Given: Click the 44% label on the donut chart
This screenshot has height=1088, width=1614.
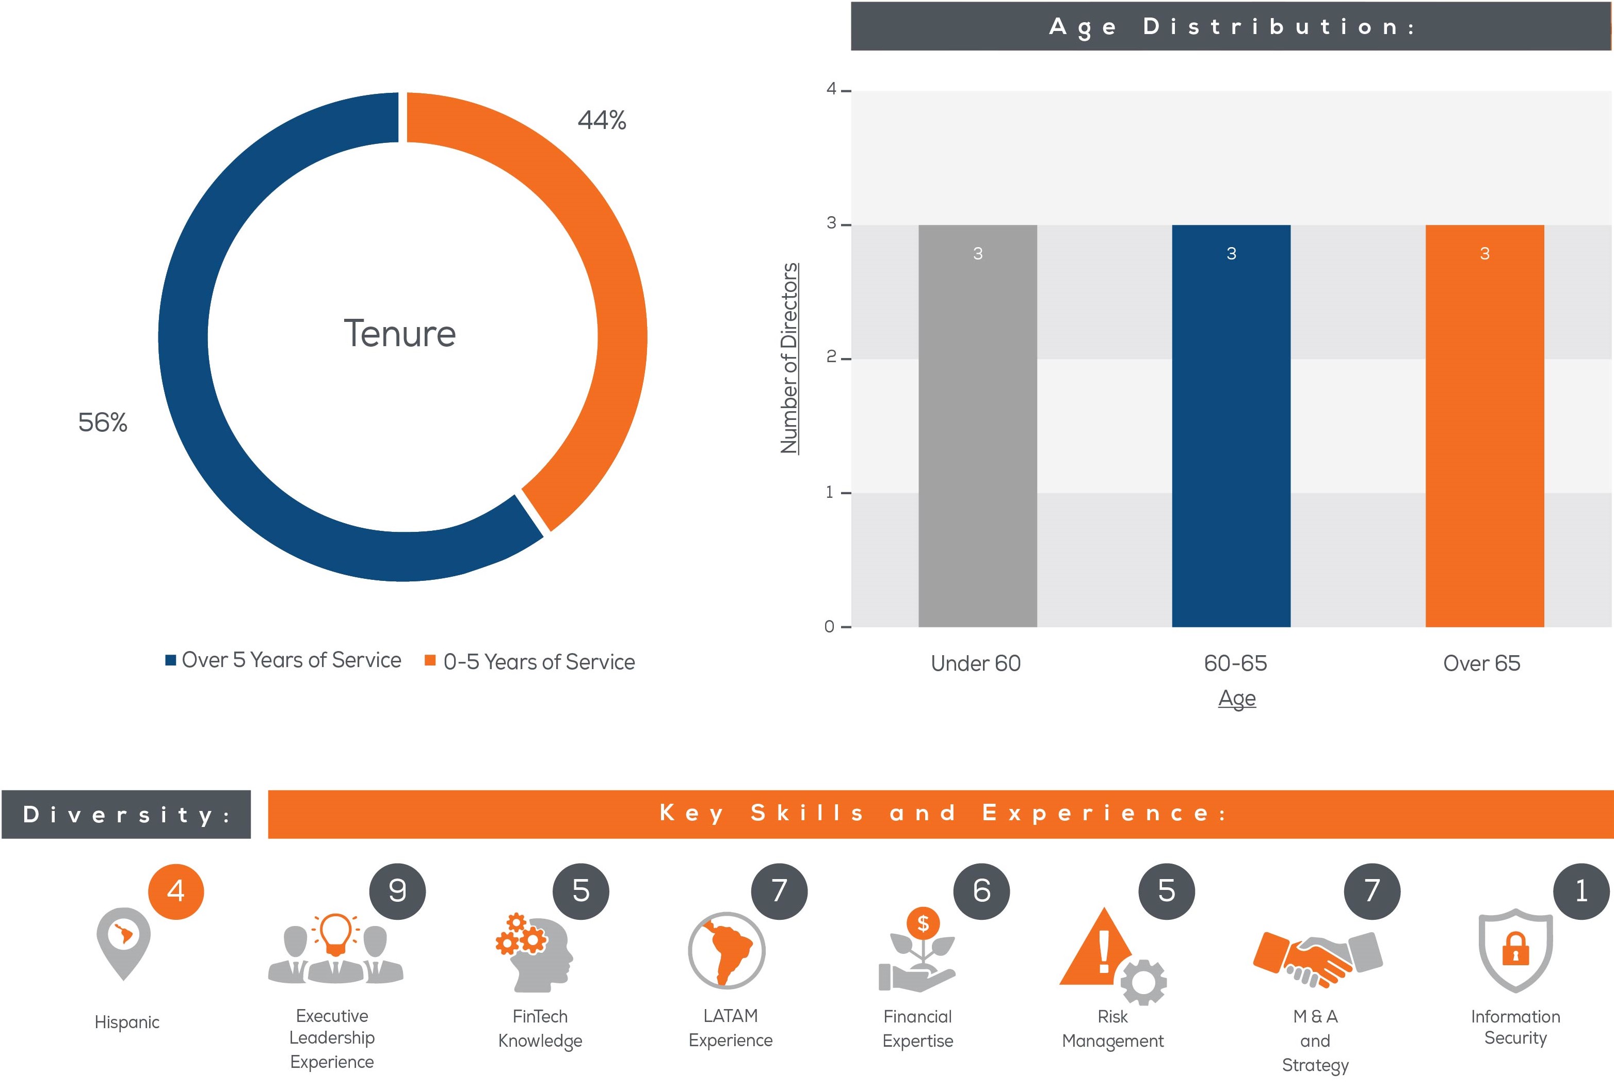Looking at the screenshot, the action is point(602,120).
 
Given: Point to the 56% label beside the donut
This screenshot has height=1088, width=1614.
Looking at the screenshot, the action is point(103,422).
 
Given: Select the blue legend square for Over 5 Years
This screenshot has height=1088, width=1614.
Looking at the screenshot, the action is point(170,660).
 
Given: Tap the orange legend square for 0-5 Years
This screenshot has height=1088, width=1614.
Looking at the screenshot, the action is point(430,660).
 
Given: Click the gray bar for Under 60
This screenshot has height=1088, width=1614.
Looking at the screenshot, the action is point(978,426).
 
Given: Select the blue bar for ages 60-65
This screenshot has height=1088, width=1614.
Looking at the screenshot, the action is point(1231,426).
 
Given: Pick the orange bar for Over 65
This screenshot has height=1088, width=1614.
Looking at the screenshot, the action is point(1484,426).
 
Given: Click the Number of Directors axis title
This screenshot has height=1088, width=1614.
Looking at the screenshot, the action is point(789,358).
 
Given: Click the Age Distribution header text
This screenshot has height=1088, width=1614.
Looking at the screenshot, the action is point(1231,26).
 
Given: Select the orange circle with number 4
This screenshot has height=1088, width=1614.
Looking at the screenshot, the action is point(176,891).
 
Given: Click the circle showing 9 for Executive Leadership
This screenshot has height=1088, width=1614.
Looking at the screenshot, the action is point(398,891).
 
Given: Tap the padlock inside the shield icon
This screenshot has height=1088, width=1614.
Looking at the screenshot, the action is point(1515,949).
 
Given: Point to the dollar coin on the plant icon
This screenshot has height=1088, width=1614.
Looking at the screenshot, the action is point(923,923).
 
